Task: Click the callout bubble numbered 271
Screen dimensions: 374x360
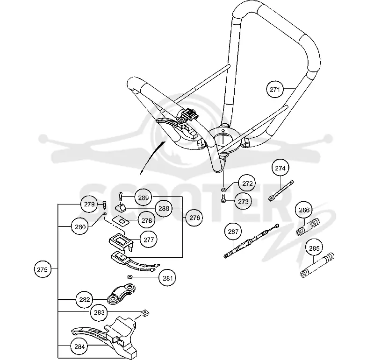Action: tap(275, 90)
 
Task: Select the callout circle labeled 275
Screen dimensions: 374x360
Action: tap(43, 269)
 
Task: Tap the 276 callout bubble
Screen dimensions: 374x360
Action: tap(194, 217)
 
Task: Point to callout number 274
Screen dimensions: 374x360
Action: tap(280, 168)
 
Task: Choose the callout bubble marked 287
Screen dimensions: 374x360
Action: tap(233, 231)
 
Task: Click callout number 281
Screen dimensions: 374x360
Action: tap(167, 278)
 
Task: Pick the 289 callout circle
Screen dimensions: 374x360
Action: tap(143, 198)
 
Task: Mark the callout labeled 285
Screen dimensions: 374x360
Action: tap(314, 248)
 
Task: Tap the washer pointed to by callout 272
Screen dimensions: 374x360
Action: tap(223, 190)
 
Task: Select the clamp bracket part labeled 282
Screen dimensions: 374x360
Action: tap(122, 294)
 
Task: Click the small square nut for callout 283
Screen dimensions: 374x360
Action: tap(145, 313)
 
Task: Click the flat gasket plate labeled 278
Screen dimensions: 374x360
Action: tap(121, 221)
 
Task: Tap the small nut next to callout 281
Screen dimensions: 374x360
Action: tap(130, 277)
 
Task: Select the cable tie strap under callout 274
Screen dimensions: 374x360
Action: tap(281, 191)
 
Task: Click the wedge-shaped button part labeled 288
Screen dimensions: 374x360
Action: tap(121, 208)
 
